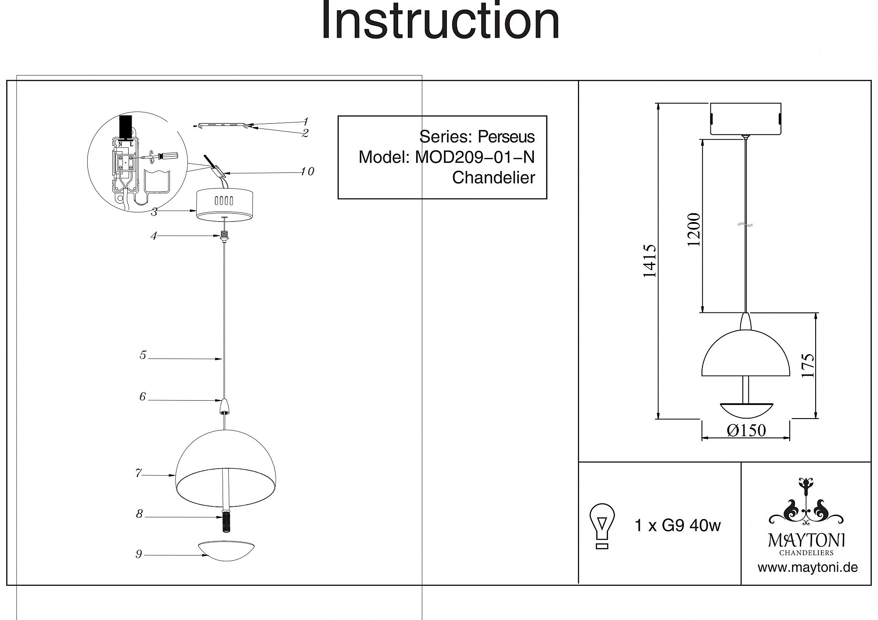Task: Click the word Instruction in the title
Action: (x=440, y=21)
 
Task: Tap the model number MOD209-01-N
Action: (x=475, y=157)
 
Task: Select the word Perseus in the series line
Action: (x=506, y=137)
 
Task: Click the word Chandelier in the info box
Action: (x=493, y=178)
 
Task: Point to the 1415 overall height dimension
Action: (x=649, y=261)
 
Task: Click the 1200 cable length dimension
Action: (x=694, y=229)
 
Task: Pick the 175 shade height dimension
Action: (x=808, y=365)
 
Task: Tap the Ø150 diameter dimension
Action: (x=746, y=430)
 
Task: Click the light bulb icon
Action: (x=602, y=526)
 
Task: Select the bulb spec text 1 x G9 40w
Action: (x=677, y=525)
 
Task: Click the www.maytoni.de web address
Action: (x=807, y=567)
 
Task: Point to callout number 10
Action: (x=307, y=172)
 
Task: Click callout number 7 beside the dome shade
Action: (x=139, y=473)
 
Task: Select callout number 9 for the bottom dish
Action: (x=139, y=554)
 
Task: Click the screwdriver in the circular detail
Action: (x=165, y=155)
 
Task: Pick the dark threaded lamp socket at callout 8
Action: (x=226, y=522)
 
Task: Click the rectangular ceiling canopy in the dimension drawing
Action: (x=745, y=118)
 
